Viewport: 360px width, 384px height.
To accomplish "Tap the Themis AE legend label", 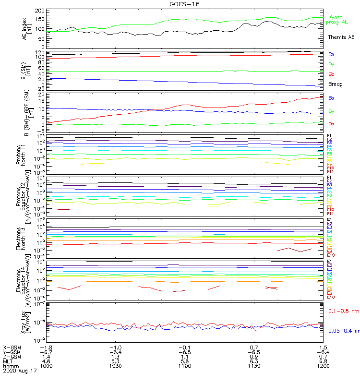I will tap(341, 37).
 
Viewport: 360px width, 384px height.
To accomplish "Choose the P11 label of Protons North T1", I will tap(330, 171).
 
